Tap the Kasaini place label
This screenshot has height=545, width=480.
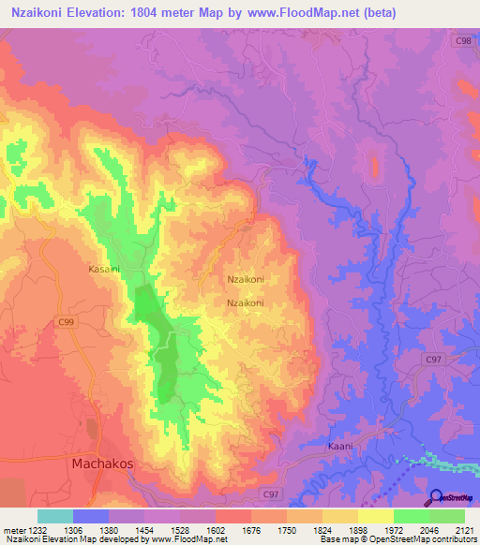coord(104,268)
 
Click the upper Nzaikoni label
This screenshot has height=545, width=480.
coord(246,279)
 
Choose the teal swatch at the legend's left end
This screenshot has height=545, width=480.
coord(55,516)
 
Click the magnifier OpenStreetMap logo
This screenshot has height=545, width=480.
coord(437,498)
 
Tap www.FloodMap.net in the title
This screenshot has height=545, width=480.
coord(302,13)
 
